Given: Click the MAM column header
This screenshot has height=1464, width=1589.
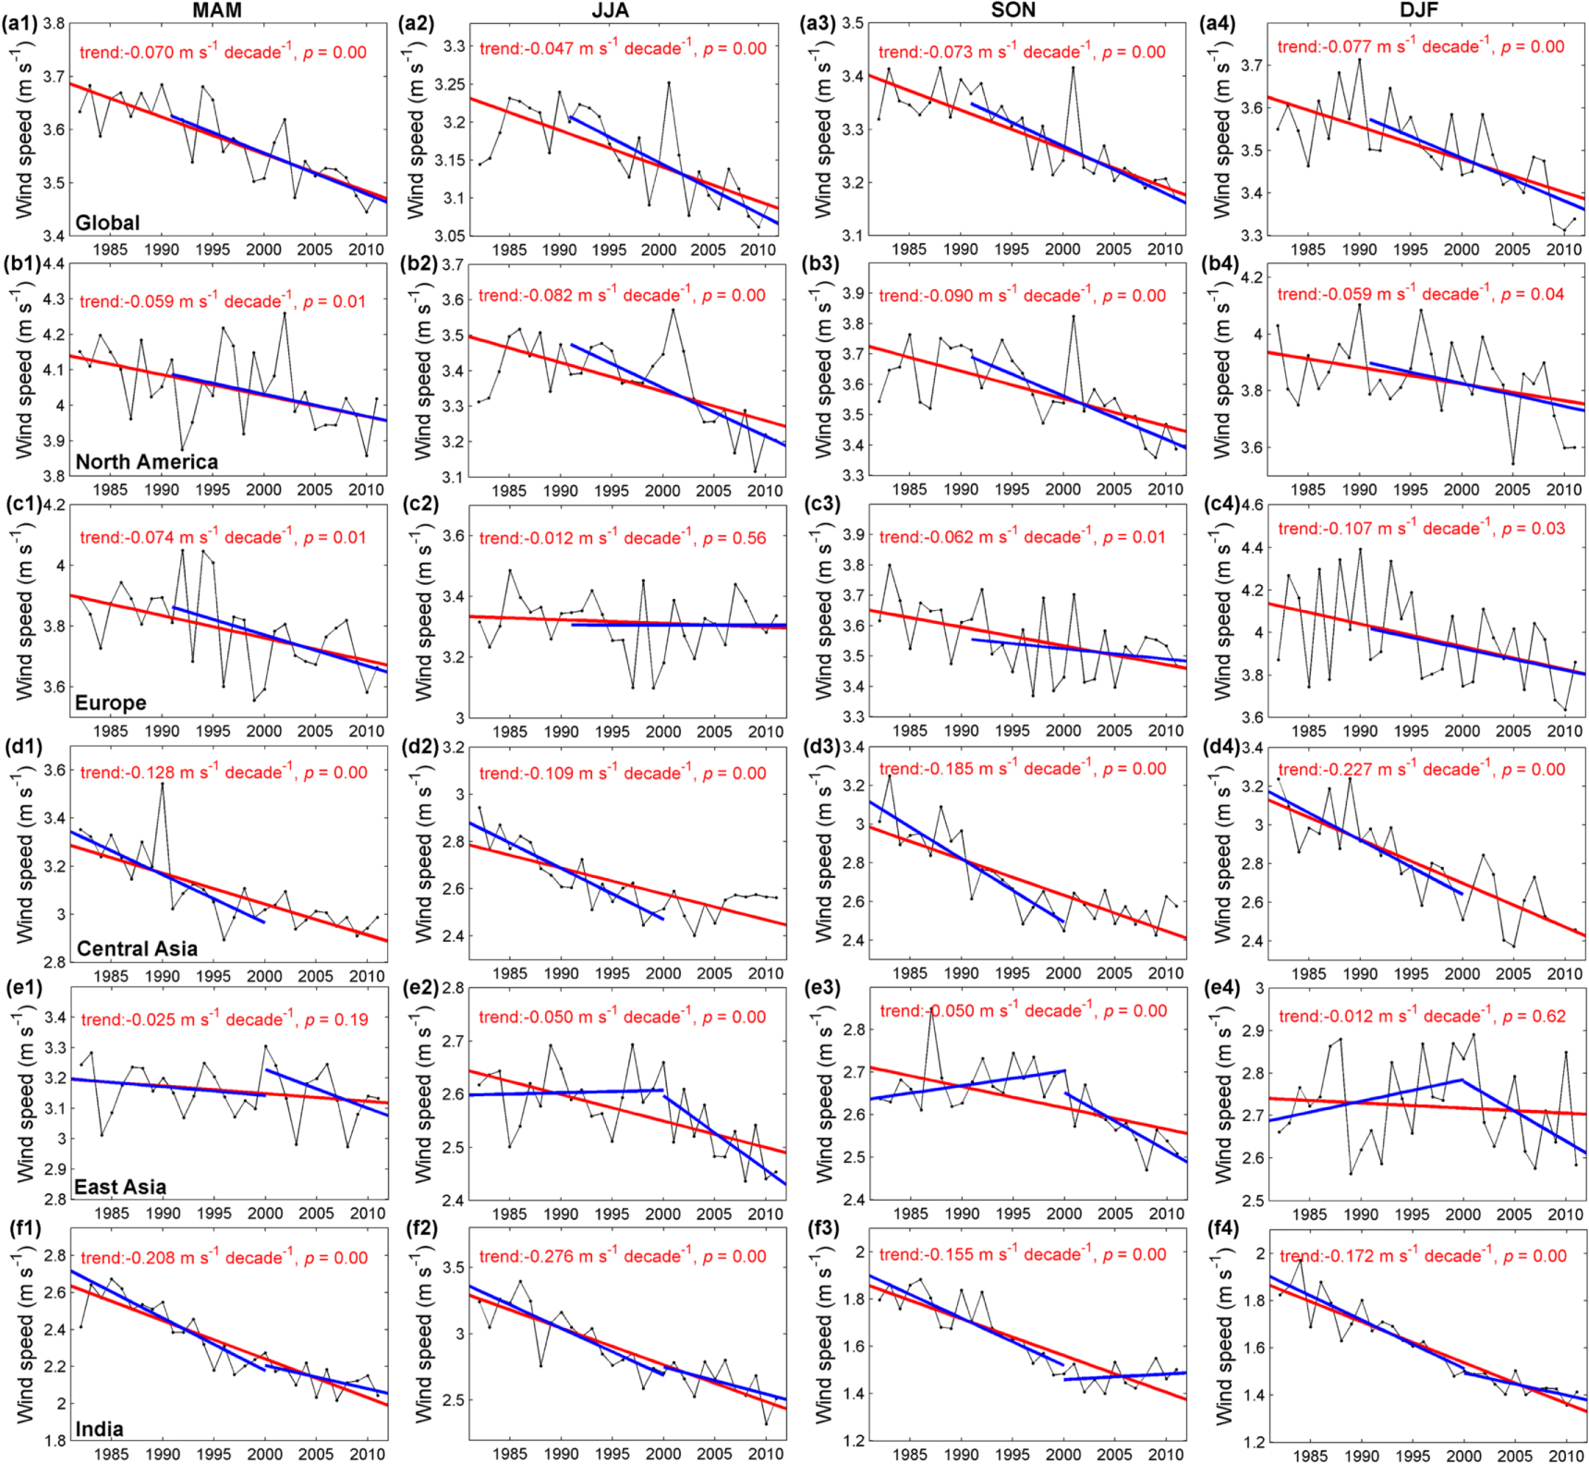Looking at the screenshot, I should click(216, 10).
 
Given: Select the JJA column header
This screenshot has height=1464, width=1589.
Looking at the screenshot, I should click(610, 10).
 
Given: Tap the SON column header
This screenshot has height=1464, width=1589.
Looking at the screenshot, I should click(1013, 10).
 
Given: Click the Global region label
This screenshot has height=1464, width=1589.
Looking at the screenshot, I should click(107, 223).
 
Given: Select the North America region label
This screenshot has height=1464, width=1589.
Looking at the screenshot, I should click(146, 462).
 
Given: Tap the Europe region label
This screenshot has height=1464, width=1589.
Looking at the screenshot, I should click(110, 702).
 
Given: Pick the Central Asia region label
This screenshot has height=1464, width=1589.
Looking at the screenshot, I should click(137, 948).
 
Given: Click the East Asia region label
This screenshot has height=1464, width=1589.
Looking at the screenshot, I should click(120, 1187).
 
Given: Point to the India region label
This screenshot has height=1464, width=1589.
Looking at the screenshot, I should click(99, 1429).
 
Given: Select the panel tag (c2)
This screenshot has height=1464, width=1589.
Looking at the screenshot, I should click(418, 505).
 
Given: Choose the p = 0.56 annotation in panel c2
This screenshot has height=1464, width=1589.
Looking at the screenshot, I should click(734, 538).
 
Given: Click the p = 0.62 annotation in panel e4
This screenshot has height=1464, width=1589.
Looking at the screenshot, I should click(1534, 1017).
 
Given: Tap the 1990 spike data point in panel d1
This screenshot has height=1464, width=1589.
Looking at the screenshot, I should click(163, 784).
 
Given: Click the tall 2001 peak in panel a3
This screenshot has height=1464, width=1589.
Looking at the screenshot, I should click(1073, 67).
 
